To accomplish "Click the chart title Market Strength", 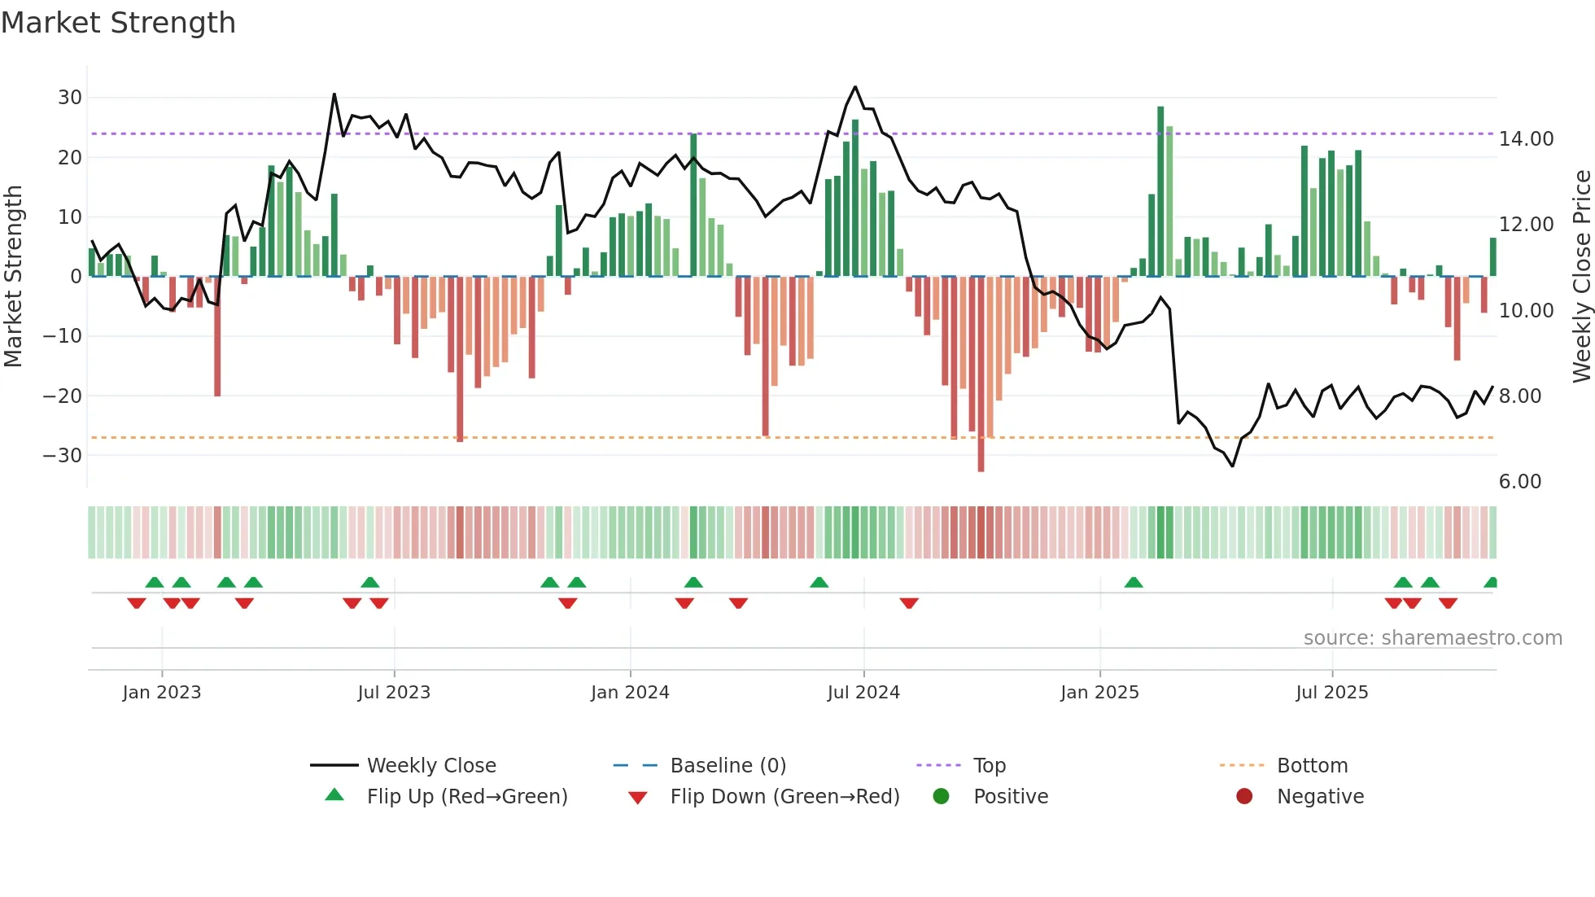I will [118, 23].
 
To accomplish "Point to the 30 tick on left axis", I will [70, 98].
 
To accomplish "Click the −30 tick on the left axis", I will [63, 455].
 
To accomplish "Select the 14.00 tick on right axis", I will [1526, 139].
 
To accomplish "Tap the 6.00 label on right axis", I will [1519, 482].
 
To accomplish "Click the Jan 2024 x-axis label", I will [630, 693].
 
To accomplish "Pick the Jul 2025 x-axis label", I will [1331, 693].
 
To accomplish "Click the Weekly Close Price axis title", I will [1581, 276].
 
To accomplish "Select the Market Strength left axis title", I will [14, 276].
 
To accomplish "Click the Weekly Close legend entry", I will [430, 766].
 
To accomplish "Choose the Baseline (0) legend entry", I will [728, 766].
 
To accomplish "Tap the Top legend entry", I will [989, 766].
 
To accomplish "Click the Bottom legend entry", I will [1312, 766].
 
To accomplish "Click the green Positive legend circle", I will [942, 796].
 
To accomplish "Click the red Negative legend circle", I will [1244, 796].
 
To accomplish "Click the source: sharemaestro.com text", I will [1432, 638].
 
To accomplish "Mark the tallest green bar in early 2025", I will [1160, 191].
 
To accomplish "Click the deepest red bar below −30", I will [981, 374].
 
